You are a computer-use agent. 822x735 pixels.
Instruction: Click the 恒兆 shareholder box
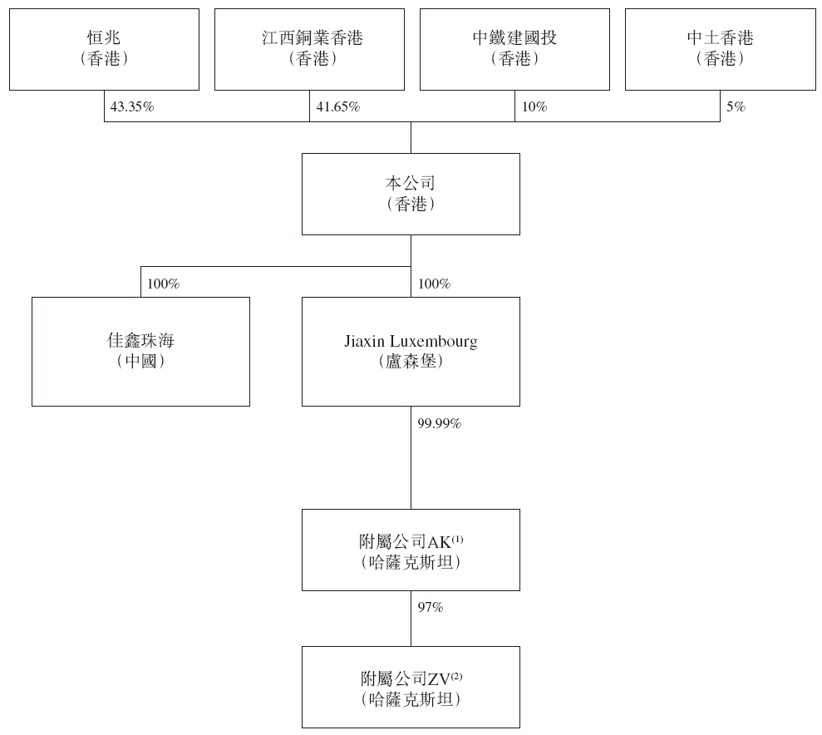coord(105,49)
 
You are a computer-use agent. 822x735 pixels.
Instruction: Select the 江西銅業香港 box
coord(309,49)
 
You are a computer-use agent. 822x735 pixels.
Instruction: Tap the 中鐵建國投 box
coord(514,49)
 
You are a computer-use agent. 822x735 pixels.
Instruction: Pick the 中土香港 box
coord(721,49)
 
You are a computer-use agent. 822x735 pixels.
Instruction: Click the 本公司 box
coord(411,194)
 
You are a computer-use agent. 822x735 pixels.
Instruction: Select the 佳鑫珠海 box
coord(140,351)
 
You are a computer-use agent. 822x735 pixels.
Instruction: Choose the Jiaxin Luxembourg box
coord(411,351)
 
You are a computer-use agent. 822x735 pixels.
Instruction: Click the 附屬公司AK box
coord(411,550)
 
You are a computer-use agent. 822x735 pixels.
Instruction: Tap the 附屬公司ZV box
coord(411,687)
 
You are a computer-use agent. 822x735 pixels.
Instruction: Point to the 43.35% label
coord(132,107)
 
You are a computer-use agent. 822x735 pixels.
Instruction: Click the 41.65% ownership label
coord(338,107)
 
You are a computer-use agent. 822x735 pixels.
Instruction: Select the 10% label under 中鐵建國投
coord(534,107)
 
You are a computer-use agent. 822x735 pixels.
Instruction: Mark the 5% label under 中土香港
coord(736,107)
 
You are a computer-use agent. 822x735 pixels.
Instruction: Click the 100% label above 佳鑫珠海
coord(163,284)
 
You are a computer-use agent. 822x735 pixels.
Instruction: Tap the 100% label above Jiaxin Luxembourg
coord(434,284)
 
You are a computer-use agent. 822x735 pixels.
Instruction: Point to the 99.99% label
coord(440,423)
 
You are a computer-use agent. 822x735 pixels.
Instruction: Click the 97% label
coord(431,607)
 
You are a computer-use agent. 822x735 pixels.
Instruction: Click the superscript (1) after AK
coord(457,539)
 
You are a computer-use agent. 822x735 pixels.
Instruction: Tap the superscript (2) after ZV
coord(456,676)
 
